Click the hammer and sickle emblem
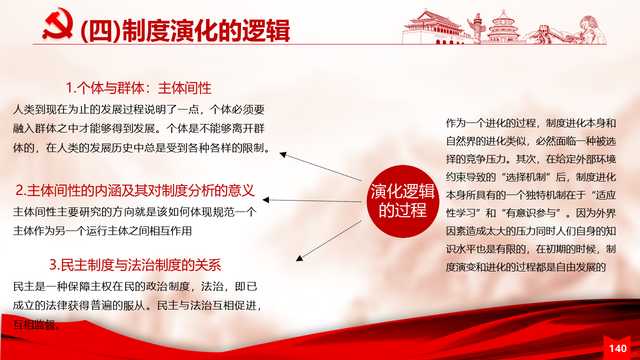point(58,24)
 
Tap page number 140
point(617,348)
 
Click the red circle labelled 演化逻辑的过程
point(402,201)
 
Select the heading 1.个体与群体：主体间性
point(138,87)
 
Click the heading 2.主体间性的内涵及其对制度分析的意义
point(135,190)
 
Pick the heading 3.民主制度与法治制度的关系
point(135,265)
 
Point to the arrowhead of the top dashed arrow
point(283,154)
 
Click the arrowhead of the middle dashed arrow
point(265,200)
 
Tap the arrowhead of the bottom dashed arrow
point(299,258)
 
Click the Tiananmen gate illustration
point(434,27)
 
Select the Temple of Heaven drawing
point(503,27)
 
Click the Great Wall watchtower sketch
point(544,33)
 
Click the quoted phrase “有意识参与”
point(530,213)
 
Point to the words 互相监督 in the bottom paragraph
point(34,324)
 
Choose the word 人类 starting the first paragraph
point(23,109)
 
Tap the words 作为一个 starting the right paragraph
point(465,123)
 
